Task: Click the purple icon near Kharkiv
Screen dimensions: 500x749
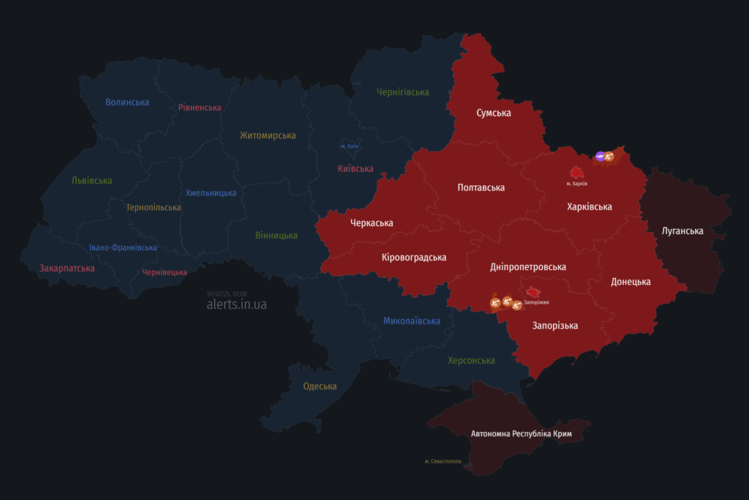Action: pos(600,156)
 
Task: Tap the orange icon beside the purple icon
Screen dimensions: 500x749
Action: pos(609,156)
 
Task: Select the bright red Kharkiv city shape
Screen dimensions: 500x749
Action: pos(577,172)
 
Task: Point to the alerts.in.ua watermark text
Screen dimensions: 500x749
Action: pos(236,305)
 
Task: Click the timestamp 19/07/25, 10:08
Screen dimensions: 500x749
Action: pos(227,294)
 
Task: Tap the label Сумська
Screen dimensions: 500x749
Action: pos(494,113)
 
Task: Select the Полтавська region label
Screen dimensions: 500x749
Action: pos(481,187)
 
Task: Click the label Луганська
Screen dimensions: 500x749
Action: pos(682,231)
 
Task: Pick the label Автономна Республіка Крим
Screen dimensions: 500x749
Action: pos(521,434)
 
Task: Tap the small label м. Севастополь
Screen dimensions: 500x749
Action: pos(443,461)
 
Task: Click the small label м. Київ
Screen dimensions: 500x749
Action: pos(350,146)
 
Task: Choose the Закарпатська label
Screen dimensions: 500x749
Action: pos(67,268)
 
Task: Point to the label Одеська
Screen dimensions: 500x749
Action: pos(320,386)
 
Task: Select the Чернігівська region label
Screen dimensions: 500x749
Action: pos(402,92)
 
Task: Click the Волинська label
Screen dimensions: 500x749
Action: pos(127,102)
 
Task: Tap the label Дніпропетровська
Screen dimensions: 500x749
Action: pos(528,266)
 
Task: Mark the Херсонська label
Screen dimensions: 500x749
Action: pos(471,360)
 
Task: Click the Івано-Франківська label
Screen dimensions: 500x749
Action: pos(123,247)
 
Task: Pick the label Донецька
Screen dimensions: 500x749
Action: pos(631,281)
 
